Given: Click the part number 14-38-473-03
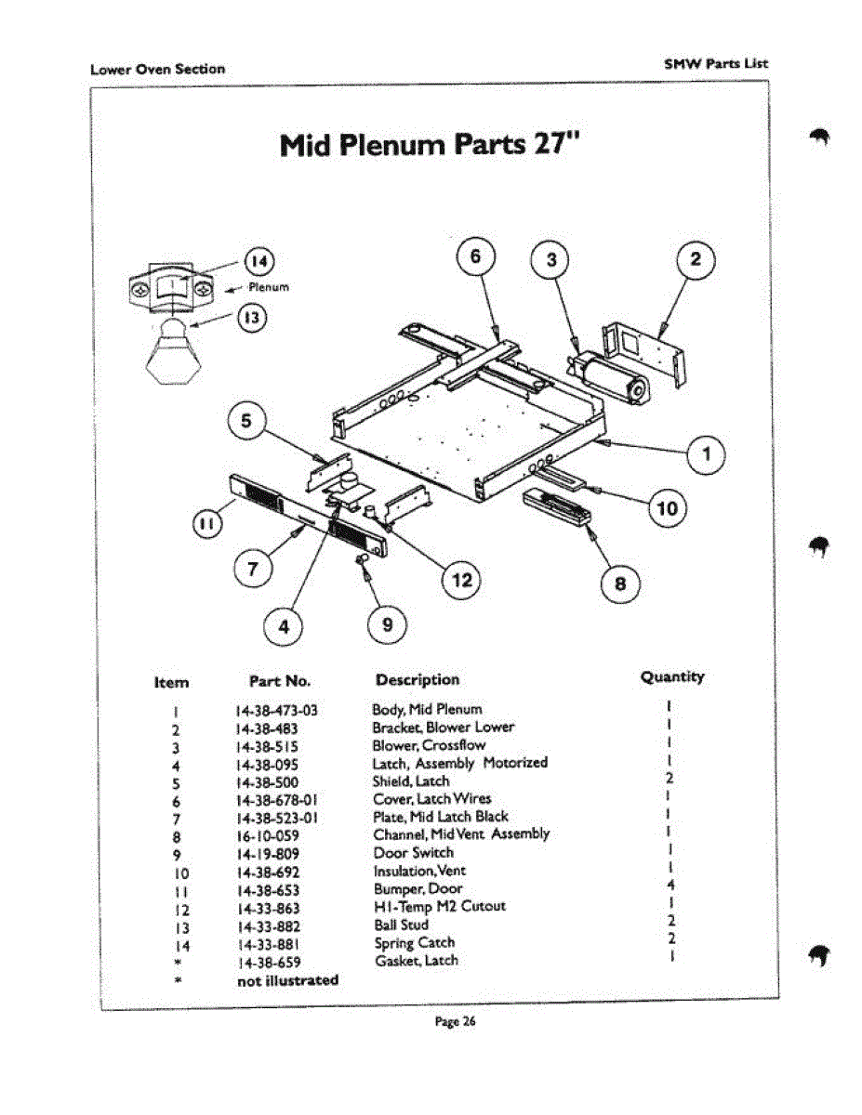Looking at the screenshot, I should [x=277, y=711].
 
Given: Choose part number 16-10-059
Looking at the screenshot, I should [x=268, y=835].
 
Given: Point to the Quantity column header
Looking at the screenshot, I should [x=671, y=677].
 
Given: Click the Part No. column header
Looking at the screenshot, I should [x=280, y=681].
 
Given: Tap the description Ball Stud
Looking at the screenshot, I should [x=401, y=925].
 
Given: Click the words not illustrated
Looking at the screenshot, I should [x=288, y=980].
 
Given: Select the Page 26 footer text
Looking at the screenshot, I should [x=456, y=1021].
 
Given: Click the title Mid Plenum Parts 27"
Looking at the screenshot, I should [x=431, y=145].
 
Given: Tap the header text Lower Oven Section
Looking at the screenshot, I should [x=157, y=69].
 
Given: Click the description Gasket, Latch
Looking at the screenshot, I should [x=417, y=961].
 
